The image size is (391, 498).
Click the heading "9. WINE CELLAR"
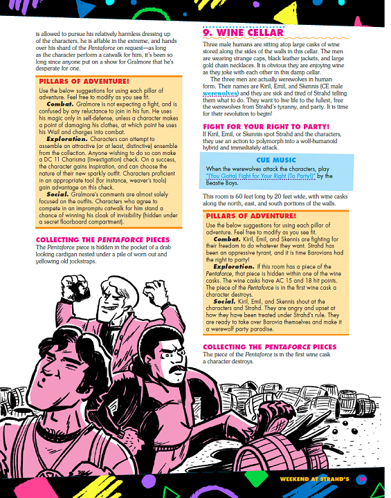pyautogui.click(x=243, y=33)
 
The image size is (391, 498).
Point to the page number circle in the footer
pyautogui.click(x=361, y=479)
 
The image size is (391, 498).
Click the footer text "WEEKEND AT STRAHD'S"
pyautogui.click(x=315, y=479)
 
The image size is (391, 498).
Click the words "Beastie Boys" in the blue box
pyautogui.click(x=221, y=183)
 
